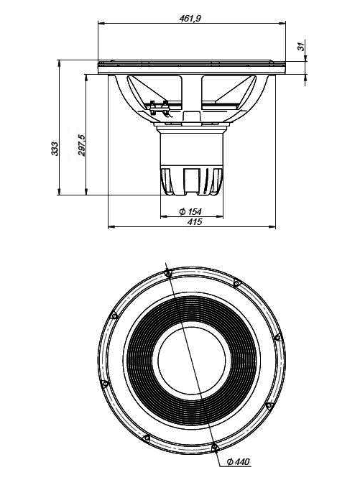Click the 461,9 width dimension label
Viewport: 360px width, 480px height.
tap(190, 19)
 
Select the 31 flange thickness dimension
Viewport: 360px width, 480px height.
tap(301, 46)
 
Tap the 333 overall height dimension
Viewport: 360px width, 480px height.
tap(54, 148)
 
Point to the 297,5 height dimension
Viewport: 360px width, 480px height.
tap(81, 145)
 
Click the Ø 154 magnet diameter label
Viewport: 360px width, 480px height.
tap(190, 211)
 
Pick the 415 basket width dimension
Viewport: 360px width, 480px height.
tap(194, 221)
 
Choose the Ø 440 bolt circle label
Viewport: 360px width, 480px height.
tap(239, 461)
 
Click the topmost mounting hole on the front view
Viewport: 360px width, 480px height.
tap(167, 273)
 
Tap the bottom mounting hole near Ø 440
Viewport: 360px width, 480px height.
tap(215, 448)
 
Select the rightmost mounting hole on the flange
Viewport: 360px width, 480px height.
tap(277, 337)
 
